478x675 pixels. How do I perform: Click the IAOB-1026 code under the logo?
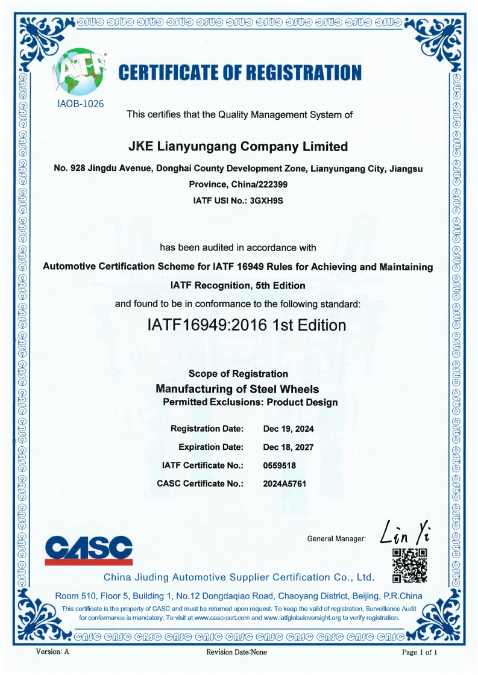point(81,104)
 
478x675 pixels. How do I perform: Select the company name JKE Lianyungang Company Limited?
point(239,146)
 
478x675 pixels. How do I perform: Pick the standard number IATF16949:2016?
point(207,326)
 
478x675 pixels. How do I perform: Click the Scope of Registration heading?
point(238,374)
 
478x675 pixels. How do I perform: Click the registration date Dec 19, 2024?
point(289,429)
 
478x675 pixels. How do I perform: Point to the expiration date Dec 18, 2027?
point(289,447)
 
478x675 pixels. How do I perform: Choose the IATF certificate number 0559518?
point(280,465)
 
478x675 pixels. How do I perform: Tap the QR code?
point(409,565)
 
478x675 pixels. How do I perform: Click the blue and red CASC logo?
point(89,549)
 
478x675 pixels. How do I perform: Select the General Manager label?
point(336,539)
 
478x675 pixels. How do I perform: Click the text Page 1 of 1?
point(420,652)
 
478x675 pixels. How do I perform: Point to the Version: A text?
point(53,652)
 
